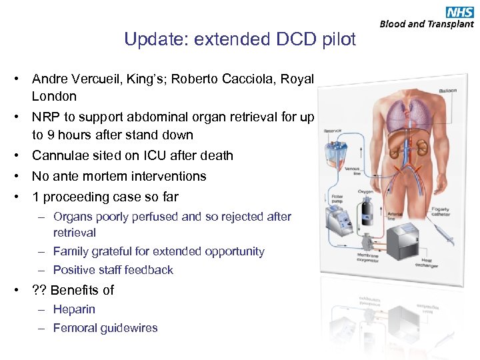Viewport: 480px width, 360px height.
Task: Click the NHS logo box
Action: [460, 11]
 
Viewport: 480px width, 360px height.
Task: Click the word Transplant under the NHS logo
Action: [450, 24]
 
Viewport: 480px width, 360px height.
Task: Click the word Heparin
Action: [74, 309]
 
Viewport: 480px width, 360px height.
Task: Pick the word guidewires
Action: [129, 328]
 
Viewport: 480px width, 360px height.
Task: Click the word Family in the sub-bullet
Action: [71, 251]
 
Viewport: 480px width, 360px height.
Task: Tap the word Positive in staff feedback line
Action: [75, 270]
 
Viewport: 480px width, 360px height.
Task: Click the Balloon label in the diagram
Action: [447, 91]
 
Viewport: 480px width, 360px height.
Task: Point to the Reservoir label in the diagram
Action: [333, 131]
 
